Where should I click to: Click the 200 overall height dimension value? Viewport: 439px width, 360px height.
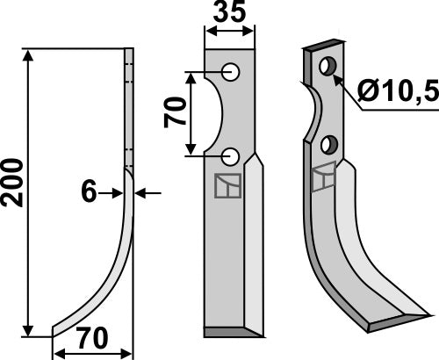(13, 183)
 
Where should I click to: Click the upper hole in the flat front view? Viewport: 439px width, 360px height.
(230, 71)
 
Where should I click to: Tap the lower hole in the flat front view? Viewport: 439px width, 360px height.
(230, 156)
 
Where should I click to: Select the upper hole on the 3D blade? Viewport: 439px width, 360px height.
(328, 66)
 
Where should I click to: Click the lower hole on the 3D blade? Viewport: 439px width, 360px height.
(329, 144)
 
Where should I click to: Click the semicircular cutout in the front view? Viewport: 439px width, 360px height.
(215, 114)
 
